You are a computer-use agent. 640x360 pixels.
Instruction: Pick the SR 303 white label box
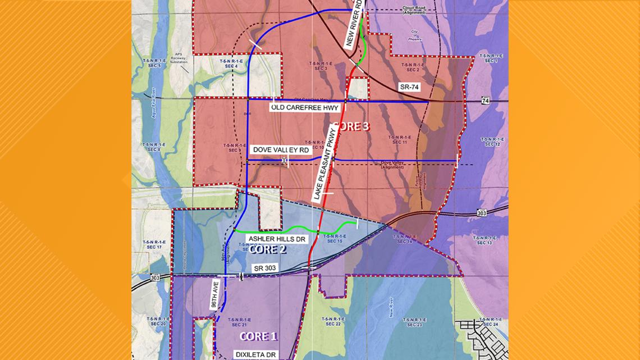tap(265, 268)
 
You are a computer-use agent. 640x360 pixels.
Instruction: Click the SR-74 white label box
tap(409, 87)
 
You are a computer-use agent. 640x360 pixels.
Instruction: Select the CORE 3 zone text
tap(351, 126)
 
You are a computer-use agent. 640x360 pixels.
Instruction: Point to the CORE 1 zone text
tap(258, 336)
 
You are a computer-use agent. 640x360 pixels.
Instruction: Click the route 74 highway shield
tap(486, 101)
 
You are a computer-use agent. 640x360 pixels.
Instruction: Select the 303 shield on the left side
tap(155, 277)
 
